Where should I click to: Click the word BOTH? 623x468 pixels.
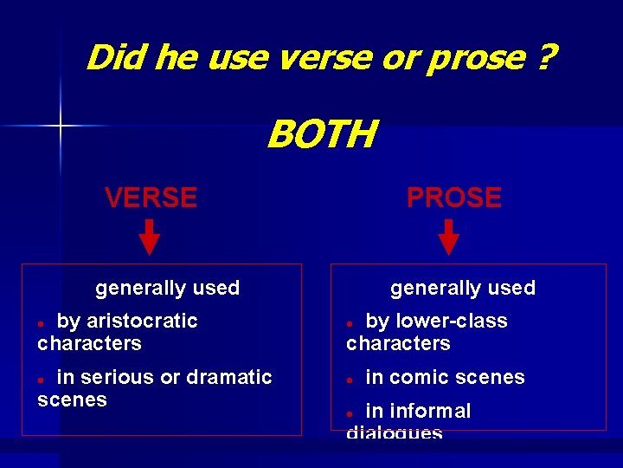pyautogui.click(x=322, y=135)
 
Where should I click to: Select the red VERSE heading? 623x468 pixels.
pyautogui.click(x=151, y=198)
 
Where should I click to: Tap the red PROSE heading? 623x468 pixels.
pyautogui.click(x=453, y=198)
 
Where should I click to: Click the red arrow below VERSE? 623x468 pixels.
pyautogui.click(x=150, y=237)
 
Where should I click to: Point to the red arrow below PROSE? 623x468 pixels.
pyautogui.click(x=448, y=237)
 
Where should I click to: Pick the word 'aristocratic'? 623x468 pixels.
pyautogui.click(x=142, y=321)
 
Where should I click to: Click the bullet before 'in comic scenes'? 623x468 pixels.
pyautogui.click(x=350, y=379)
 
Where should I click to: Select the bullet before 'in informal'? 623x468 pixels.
pyautogui.click(x=350, y=413)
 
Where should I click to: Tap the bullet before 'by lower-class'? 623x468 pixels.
pyautogui.click(x=350, y=322)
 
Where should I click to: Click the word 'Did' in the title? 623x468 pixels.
pyautogui.click(x=112, y=58)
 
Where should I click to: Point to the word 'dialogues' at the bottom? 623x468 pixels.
pyautogui.click(x=395, y=432)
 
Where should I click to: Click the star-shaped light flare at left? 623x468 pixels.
pyautogui.click(x=61, y=127)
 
